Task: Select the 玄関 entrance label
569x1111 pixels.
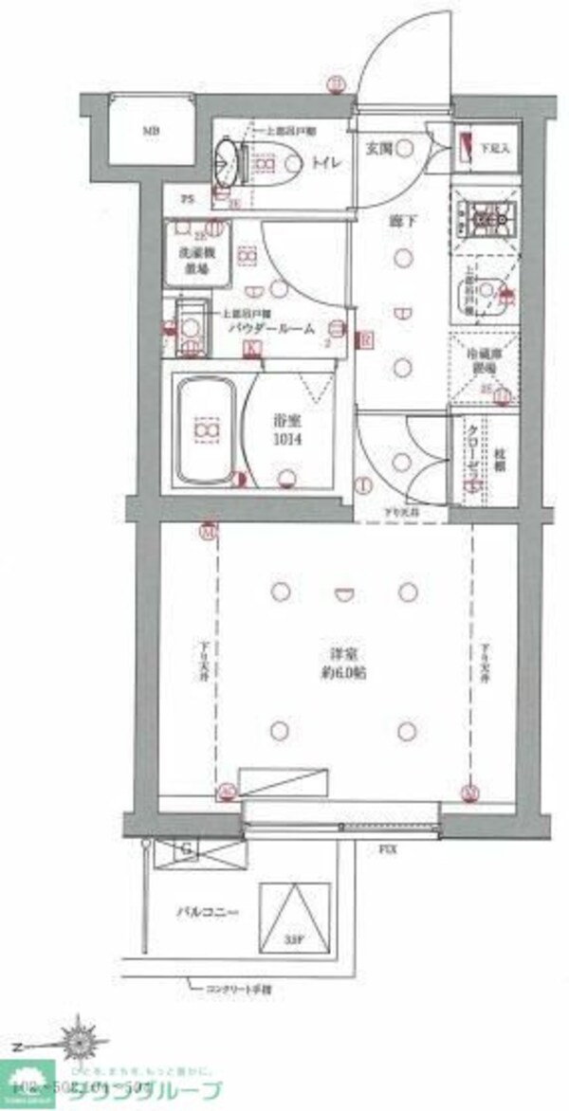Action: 380,148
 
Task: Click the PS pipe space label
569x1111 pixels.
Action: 188,199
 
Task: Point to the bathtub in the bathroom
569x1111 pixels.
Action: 204,431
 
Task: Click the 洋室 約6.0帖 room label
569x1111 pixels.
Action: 342,664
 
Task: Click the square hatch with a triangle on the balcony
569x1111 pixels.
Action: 293,914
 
